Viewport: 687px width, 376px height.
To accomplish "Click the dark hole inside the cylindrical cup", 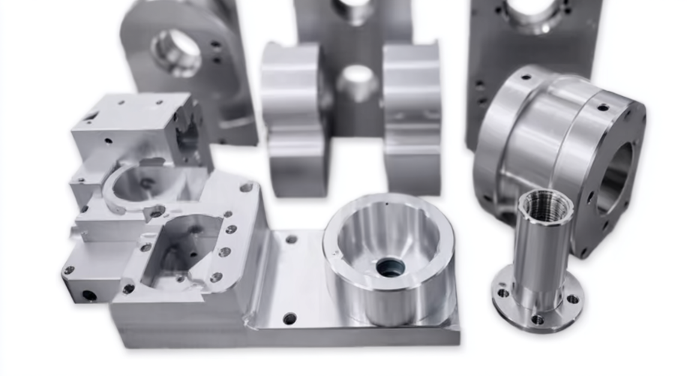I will click(x=391, y=266).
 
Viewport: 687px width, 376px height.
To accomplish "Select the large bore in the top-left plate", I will click(x=177, y=52).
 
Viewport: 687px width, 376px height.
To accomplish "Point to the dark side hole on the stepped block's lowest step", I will click(x=89, y=295).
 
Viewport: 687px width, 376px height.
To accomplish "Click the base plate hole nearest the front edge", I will click(x=290, y=318).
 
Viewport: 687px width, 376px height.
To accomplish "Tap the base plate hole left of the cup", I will click(x=291, y=239).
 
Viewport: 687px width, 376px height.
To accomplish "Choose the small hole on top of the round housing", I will click(x=602, y=107).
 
